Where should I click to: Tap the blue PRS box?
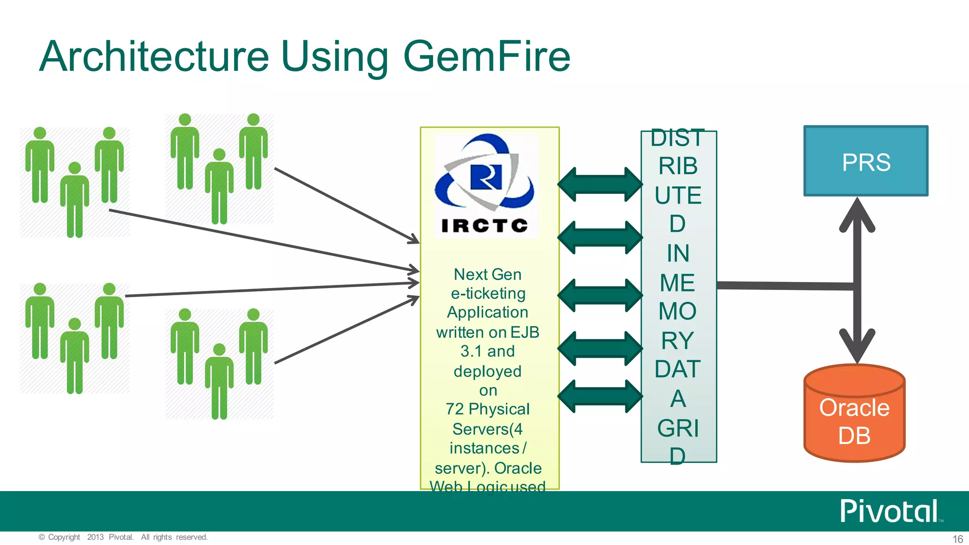[866, 161]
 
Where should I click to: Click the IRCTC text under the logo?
[484, 226]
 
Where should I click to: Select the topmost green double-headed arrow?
[600, 184]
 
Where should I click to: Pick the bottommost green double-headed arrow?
[600, 396]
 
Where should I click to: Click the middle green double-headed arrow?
[600, 295]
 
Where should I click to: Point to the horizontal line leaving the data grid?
[785, 285]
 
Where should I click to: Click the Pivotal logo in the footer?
[890, 511]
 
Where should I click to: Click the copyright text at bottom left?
[123, 537]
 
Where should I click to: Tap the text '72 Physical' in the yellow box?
[487, 409]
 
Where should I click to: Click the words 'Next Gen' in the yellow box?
[487, 274]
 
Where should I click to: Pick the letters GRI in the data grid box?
[678, 429]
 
